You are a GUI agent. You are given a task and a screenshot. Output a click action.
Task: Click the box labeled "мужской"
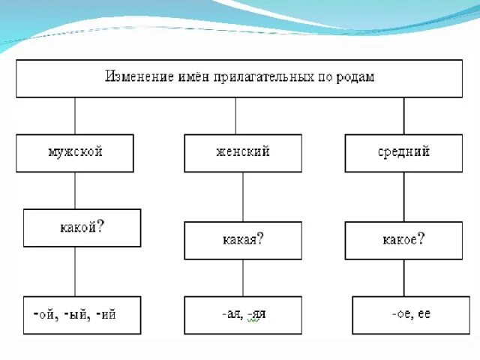point(75,152)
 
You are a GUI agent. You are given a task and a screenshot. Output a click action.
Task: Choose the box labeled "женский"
point(242,152)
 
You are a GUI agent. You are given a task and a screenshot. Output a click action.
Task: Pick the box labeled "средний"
point(403,152)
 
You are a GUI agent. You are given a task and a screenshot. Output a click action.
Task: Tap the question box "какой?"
point(82,227)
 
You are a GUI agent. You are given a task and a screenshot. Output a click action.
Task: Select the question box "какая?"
point(243,240)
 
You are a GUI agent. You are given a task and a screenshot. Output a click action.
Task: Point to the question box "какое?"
point(403,240)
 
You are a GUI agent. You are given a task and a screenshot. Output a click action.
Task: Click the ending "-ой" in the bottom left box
point(44,315)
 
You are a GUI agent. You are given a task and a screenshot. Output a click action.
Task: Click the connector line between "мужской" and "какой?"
point(75,190)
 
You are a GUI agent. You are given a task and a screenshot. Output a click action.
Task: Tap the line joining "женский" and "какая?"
point(242,196)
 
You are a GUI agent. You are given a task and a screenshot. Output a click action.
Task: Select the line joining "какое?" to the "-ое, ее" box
point(404,277)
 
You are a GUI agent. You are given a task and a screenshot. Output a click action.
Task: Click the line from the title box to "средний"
point(404,115)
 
